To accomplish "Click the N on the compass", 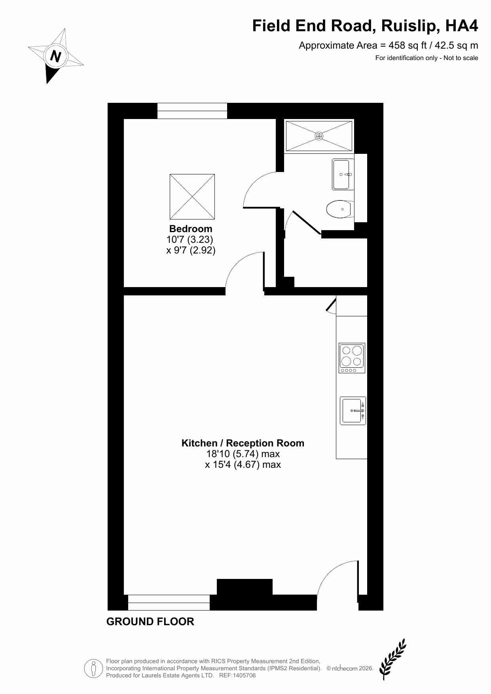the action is pos(56,56).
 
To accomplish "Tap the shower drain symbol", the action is pos(319,136).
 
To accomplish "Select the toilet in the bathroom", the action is pos(339,209).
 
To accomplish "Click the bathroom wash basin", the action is pos(342,174).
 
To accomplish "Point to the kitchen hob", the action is pos(352,358).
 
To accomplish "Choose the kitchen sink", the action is pos(353,410).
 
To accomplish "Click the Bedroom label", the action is pos(191,229).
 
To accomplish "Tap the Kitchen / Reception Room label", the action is pos(243,443).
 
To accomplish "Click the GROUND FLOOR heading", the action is pos(150,622).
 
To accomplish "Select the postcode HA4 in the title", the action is pos(462,26).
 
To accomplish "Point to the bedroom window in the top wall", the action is pos(192,111).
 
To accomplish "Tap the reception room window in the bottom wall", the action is pos(169,603).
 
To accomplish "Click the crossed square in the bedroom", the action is pos(192,197).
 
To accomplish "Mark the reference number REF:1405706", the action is pos(237,675).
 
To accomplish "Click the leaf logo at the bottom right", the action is pos(392,658).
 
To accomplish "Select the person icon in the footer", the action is pos(94,669).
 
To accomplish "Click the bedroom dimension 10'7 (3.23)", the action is pos(190,240).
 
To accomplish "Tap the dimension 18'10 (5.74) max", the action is pos(243,454).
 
